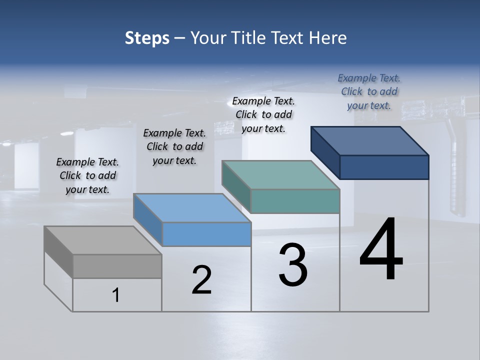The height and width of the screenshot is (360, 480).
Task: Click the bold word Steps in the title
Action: (147, 38)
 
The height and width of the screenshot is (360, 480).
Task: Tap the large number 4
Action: (381, 249)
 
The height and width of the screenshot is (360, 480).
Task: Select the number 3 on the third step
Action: (293, 265)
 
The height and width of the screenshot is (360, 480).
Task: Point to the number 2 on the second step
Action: (202, 280)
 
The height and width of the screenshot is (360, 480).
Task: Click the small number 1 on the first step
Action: (116, 295)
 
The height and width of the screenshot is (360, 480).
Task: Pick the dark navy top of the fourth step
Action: (370, 140)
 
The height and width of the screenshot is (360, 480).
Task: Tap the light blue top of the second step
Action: (192, 208)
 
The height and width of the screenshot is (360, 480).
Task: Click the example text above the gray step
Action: (87, 175)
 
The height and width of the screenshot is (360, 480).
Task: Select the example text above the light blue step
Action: (174, 146)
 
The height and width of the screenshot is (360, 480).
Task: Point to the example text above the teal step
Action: (263, 114)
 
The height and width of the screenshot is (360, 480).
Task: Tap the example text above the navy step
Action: (369, 91)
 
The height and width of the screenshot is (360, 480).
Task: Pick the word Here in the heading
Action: (328, 38)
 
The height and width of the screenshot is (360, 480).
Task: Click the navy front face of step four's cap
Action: (384, 167)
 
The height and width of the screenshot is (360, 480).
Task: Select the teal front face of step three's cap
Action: (295, 201)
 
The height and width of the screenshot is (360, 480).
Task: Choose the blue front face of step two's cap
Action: (206, 234)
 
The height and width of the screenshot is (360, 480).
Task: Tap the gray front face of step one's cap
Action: (117, 266)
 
